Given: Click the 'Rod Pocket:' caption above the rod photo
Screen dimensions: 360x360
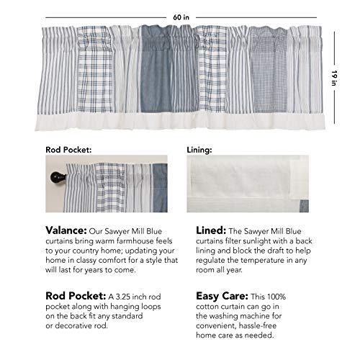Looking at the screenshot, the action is [x=66, y=151].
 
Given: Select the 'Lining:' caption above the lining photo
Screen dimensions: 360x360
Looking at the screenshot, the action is [x=199, y=151].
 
